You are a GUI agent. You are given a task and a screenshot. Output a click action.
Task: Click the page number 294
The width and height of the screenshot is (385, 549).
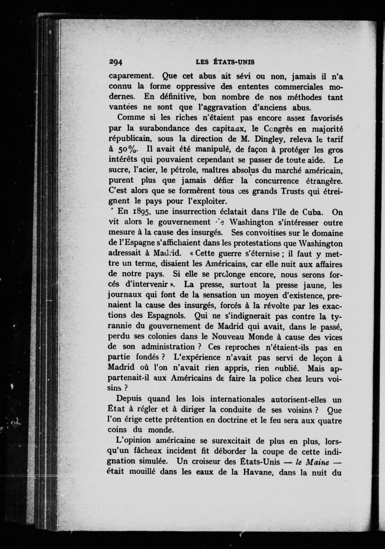pos(115,63)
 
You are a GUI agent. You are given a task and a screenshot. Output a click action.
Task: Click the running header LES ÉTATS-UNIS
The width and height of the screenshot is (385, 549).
pos(225,62)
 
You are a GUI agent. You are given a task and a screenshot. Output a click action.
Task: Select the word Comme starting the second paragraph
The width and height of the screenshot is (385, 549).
pos(131,118)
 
